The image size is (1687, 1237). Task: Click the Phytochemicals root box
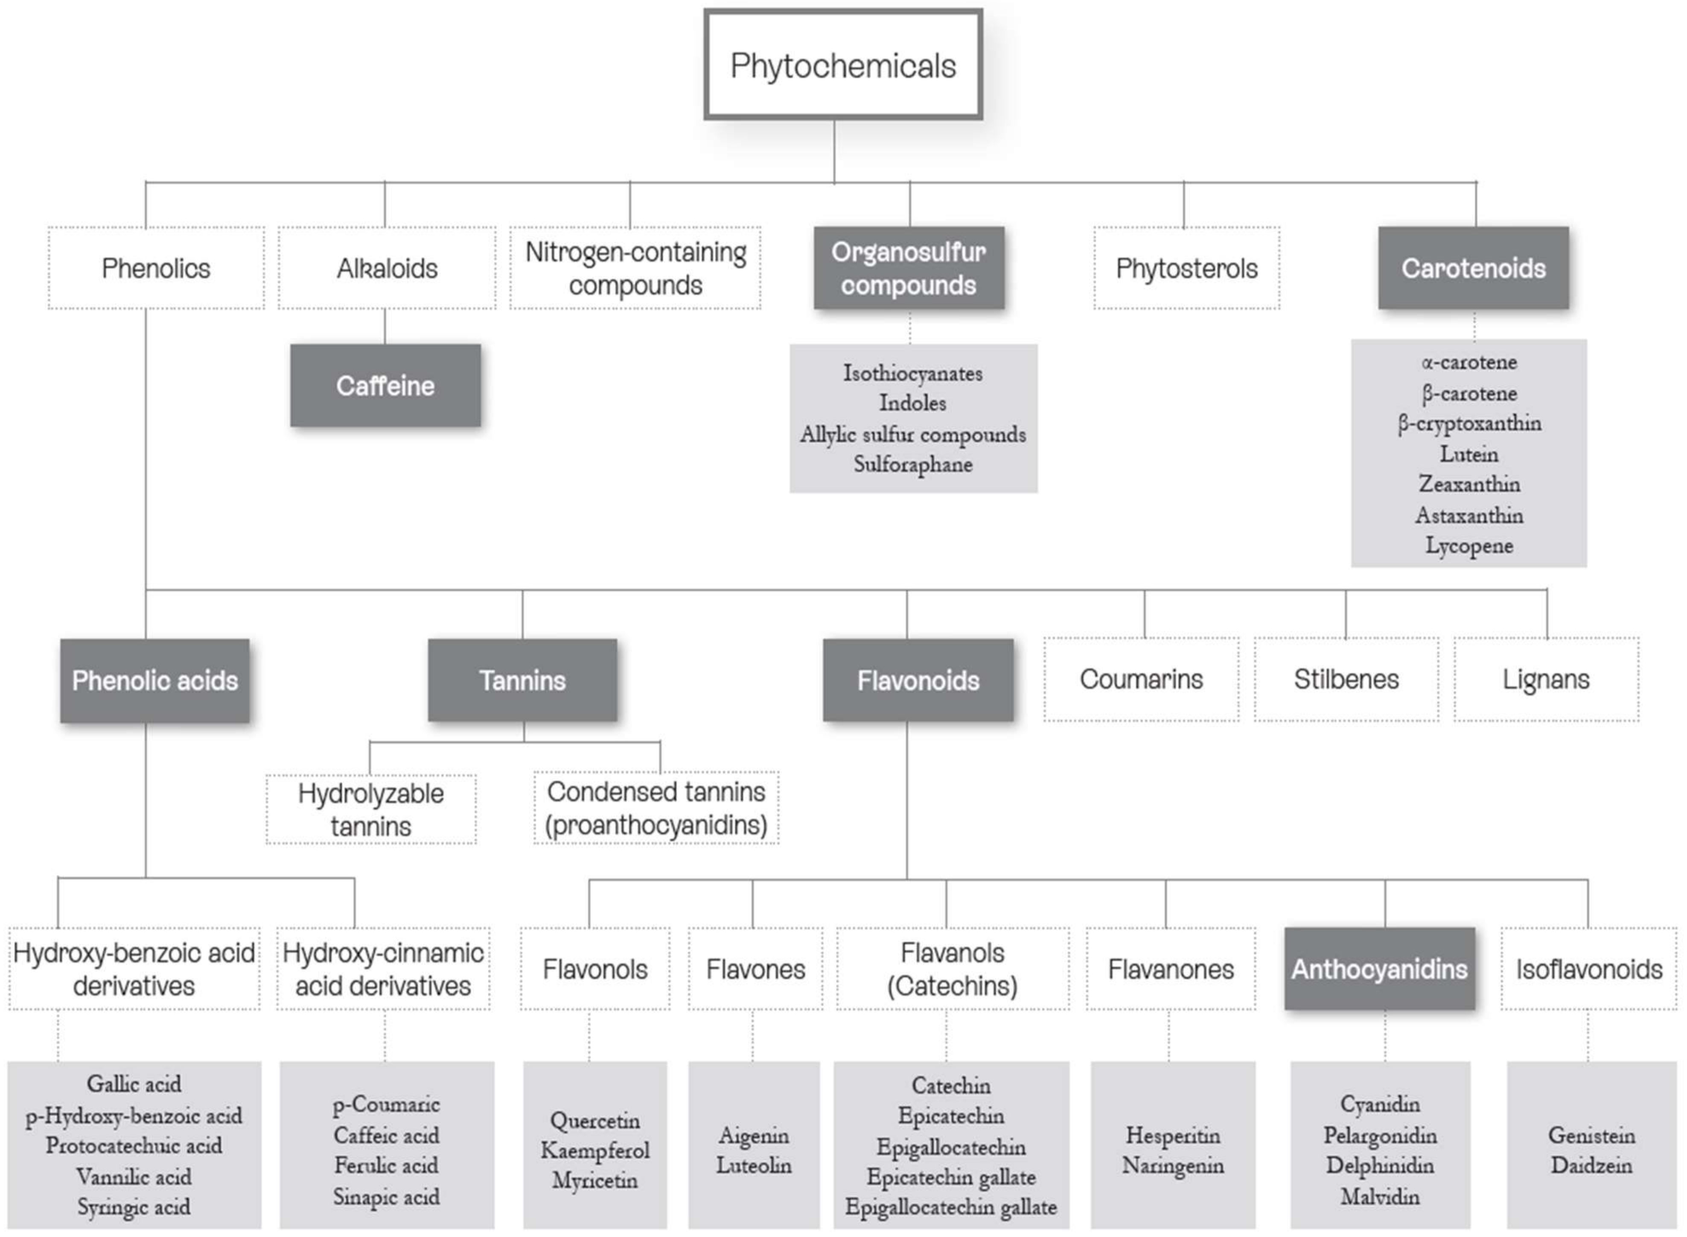[x=843, y=65]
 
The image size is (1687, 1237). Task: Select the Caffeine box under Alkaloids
[x=385, y=385]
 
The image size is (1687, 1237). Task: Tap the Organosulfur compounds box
[x=909, y=268]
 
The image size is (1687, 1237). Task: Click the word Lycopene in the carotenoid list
[x=1468, y=546]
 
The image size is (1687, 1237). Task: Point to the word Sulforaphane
[x=913, y=465]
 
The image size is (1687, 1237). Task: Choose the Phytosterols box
[x=1186, y=268]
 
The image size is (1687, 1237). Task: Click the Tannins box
[x=522, y=680]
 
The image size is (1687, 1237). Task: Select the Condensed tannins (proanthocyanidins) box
[x=656, y=808]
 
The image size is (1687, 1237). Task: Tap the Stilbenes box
[x=1346, y=679]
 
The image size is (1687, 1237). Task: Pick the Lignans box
[x=1546, y=679]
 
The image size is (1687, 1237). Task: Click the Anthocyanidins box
[x=1379, y=969]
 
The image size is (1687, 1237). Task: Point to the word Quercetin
[x=595, y=1121]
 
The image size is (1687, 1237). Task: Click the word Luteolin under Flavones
[x=754, y=1166]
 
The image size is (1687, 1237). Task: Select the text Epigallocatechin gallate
[x=950, y=1207]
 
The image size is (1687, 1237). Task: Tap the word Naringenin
[x=1173, y=1166]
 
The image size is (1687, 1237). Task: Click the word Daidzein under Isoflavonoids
[x=1591, y=1166]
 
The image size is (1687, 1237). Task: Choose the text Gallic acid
[x=134, y=1083]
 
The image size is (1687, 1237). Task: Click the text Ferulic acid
[x=386, y=1166]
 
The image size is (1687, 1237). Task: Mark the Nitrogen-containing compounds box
[x=635, y=268]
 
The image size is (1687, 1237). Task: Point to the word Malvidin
[x=1379, y=1196]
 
